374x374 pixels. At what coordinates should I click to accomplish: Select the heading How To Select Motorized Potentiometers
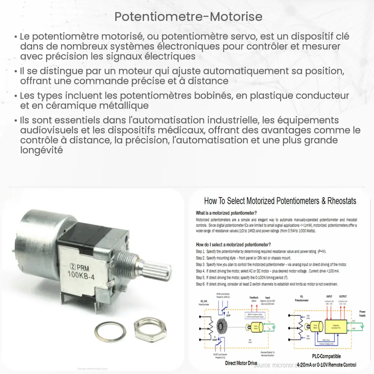pyautogui.click(x=280, y=201)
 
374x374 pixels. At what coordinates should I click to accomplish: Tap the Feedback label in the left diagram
pyautogui.click(x=254, y=298)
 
